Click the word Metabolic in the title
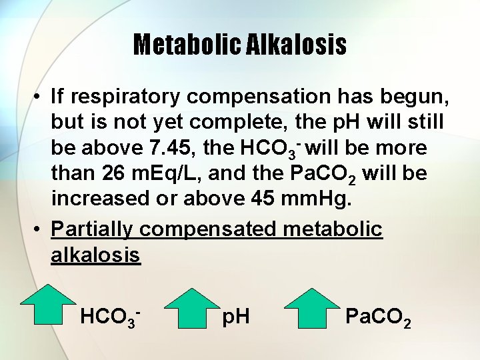[177, 45]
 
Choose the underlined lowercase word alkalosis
[95, 255]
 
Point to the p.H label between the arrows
[236, 315]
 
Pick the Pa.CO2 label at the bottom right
[378, 317]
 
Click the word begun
[417, 97]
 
